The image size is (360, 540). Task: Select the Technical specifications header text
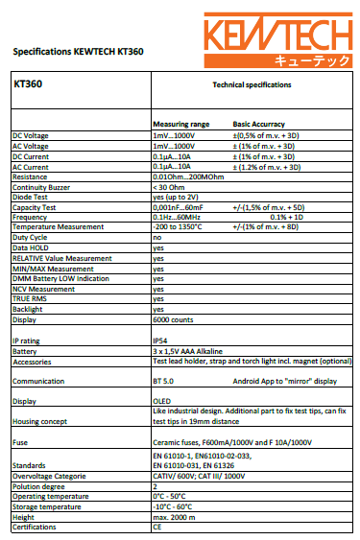(252, 84)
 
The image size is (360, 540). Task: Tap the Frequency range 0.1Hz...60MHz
(180, 216)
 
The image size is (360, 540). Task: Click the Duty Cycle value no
(157, 236)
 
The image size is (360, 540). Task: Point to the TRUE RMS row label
(30, 299)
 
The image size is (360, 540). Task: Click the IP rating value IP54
(161, 340)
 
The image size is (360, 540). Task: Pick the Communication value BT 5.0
(164, 381)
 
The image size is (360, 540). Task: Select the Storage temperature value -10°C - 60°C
(174, 507)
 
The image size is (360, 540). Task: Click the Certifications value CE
(157, 527)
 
